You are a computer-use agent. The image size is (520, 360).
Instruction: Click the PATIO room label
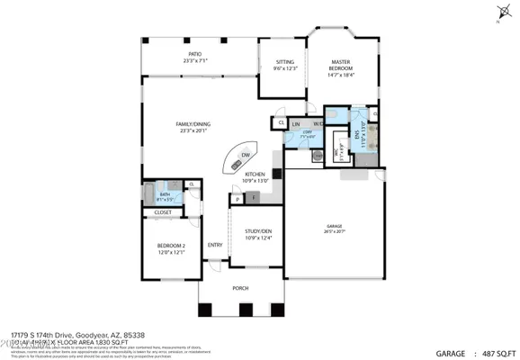(194, 57)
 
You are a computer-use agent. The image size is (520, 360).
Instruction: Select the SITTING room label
(284, 64)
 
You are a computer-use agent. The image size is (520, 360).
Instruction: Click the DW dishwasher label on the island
(244, 156)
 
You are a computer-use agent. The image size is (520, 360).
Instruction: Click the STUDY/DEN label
(258, 235)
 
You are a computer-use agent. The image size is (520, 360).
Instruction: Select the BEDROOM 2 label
(171, 248)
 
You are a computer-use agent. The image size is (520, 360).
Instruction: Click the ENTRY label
(215, 245)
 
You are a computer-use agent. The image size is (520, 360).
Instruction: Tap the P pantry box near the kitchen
(238, 197)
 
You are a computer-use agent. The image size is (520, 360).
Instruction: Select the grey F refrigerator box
(254, 196)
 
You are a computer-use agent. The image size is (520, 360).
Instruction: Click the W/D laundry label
(318, 123)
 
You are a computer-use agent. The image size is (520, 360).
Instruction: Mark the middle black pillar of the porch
(243, 311)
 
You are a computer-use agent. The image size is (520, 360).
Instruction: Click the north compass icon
(499, 12)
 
